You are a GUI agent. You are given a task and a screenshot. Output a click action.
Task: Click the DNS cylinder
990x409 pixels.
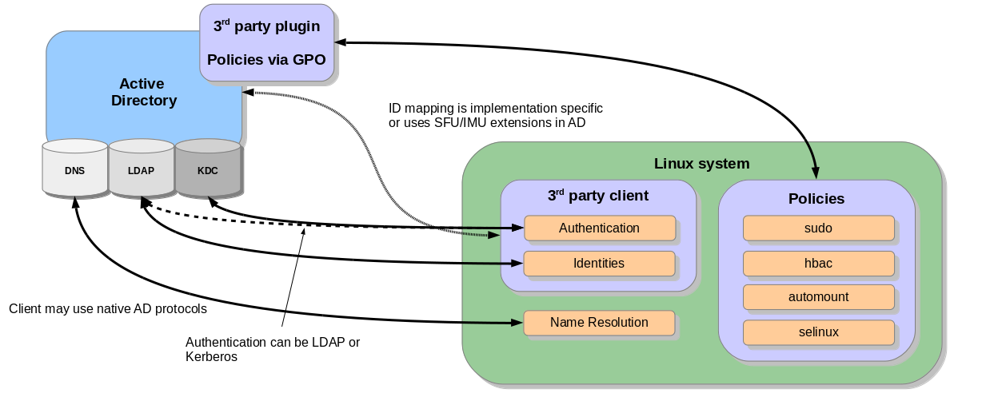(74, 169)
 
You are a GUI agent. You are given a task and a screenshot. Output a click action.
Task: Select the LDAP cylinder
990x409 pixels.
(141, 169)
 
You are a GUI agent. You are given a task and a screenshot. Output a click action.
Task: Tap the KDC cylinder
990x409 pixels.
(207, 169)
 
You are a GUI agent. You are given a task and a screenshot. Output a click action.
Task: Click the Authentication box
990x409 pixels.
(599, 228)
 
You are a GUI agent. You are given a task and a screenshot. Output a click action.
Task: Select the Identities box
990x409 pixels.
(599, 264)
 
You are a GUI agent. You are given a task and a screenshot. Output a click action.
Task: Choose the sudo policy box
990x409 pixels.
(818, 228)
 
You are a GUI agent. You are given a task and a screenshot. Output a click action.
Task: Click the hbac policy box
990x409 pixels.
(818, 263)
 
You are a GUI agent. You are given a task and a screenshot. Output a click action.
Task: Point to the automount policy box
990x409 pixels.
(818, 297)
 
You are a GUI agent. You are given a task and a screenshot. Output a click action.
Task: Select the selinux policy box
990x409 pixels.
(818, 332)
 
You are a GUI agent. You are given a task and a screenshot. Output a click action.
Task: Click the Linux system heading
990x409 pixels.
(701, 164)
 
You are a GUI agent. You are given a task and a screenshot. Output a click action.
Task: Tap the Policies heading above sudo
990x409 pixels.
(816, 198)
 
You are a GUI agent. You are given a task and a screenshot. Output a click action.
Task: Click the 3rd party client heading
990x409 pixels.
(598, 195)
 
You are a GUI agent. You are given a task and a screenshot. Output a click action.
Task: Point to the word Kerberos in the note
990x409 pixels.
(212, 357)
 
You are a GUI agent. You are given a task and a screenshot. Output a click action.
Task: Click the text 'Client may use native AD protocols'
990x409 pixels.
(108, 308)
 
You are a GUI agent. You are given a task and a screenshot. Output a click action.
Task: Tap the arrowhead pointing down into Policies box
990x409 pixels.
(816, 171)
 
